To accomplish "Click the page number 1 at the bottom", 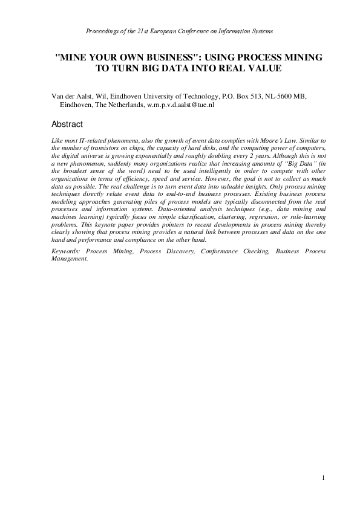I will (x=324, y=478).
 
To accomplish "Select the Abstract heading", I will (x=67, y=124).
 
